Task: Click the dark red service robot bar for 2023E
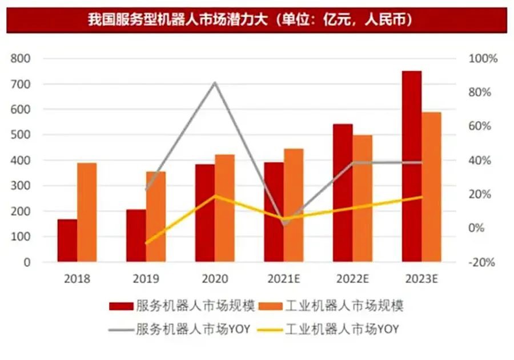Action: (411, 166)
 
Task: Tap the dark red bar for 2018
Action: (67, 240)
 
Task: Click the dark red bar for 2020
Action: (204, 213)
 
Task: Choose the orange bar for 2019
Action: (155, 217)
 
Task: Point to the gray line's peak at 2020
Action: (215, 83)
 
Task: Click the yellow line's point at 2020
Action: (215, 196)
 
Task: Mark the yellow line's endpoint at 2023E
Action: (421, 197)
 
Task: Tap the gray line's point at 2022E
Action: (353, 163)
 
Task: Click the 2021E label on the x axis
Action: (284, 279)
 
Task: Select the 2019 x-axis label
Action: (146, 279)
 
